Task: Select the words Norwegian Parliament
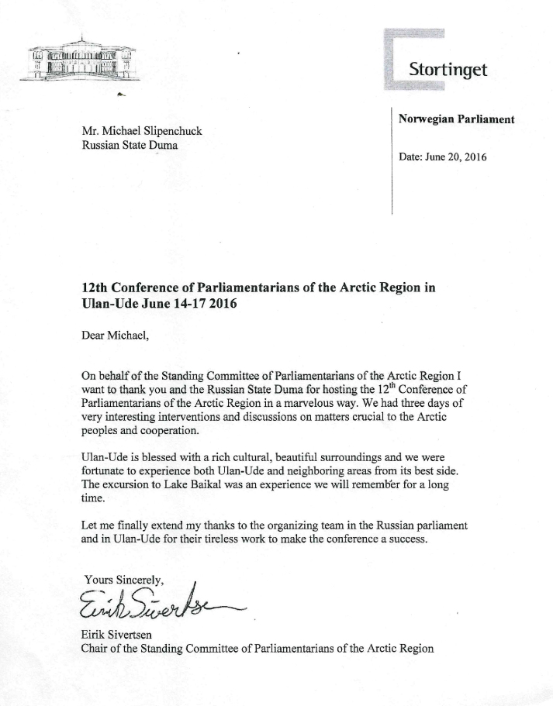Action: (456, 119)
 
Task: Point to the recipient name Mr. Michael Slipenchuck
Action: (141, 131)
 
